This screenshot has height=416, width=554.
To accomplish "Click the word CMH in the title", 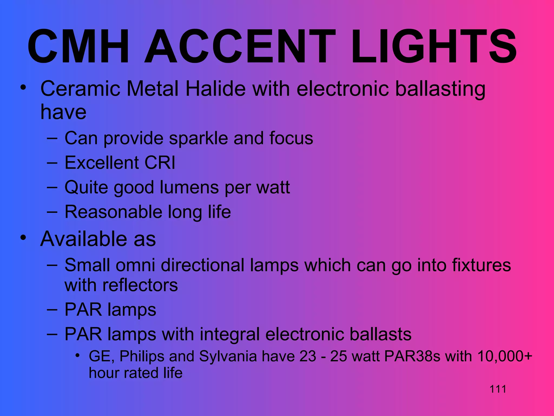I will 78,47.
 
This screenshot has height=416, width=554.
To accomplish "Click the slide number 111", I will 498,389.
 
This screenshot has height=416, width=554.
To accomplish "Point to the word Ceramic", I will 80,89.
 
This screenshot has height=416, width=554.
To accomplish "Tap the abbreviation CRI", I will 160,163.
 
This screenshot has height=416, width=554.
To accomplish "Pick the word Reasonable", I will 113,212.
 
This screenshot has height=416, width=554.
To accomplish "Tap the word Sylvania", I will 228,356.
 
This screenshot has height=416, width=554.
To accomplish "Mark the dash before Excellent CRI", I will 52,163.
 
